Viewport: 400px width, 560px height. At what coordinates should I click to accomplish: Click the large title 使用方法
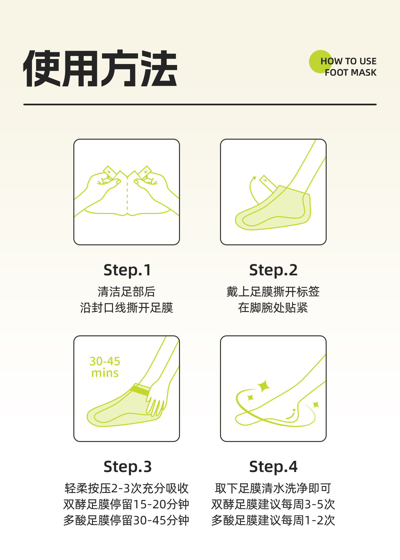(100, 68)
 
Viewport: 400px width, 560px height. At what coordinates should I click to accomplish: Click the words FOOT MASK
(351, 73)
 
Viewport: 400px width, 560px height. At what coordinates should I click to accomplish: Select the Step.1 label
(127, 270)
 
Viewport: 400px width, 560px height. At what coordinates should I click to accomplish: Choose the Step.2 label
(273, 270)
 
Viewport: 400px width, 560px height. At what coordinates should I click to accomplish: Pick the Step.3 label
(127, 467)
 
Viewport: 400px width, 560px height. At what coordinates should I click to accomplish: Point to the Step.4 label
(273, 467)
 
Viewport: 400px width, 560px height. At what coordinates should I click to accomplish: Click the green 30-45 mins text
(105, 367)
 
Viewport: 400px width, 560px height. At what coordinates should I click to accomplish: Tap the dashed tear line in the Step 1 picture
(127, 195)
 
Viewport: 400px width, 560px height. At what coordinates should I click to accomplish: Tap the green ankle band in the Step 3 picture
(140, 389)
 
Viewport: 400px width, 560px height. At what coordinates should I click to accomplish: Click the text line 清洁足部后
(127, 292)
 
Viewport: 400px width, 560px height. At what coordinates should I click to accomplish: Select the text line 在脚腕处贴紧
(273, 308)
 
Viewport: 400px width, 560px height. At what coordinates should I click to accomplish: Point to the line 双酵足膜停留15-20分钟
(126, 504)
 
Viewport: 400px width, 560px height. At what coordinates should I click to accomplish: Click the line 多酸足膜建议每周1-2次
(273, 520)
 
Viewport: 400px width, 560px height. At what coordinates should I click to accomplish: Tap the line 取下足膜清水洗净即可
(273, 488)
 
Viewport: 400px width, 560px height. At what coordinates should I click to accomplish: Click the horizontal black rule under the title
(200, 105)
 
